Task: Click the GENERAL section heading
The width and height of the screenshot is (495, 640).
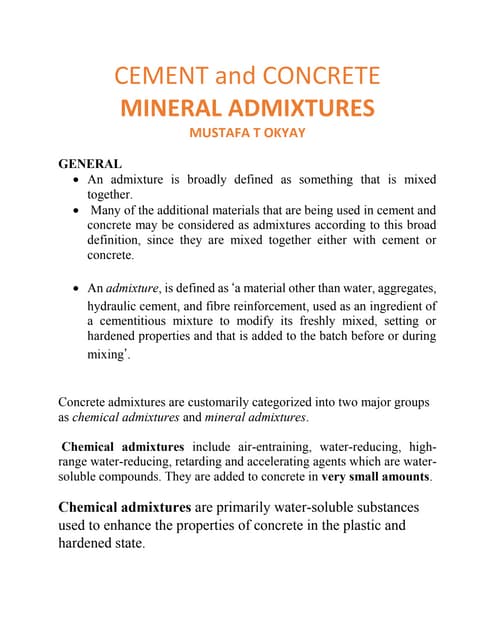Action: click(x=90, y=163)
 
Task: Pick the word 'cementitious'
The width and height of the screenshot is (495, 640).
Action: click(x=142, y=321)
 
